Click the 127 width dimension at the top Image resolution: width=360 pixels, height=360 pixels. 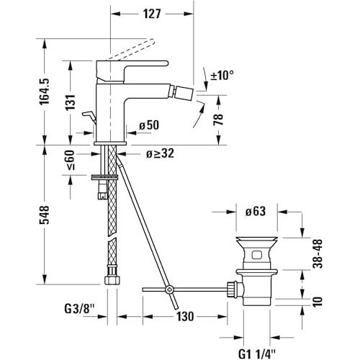pos(152,14)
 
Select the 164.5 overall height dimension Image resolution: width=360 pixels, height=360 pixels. pos(45,91)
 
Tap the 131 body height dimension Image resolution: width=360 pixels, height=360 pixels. pos(71,102)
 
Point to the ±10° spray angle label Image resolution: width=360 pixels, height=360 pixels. pos(222,76)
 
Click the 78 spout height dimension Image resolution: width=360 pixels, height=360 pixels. pos(218,120)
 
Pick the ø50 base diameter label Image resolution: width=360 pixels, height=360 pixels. pos(149,125)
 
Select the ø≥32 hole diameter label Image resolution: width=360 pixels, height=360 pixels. pos(160,153)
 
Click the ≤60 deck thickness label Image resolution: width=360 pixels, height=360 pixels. pos(71,160)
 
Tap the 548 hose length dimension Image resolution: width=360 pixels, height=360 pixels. pos(45,215)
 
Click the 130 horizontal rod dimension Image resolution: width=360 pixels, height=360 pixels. pos(185,317)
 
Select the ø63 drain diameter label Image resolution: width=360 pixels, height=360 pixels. pos(256,212)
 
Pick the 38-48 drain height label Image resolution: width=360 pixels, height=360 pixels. pos(318,253)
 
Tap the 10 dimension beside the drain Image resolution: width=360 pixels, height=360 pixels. pos(318,302)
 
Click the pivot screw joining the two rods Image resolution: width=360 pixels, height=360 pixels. pos(170,289)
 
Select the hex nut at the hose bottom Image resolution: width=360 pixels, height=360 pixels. pos(112,280)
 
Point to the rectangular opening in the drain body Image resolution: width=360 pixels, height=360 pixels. pos(257,255)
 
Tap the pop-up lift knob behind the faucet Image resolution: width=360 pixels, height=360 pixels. pos(89,117)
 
